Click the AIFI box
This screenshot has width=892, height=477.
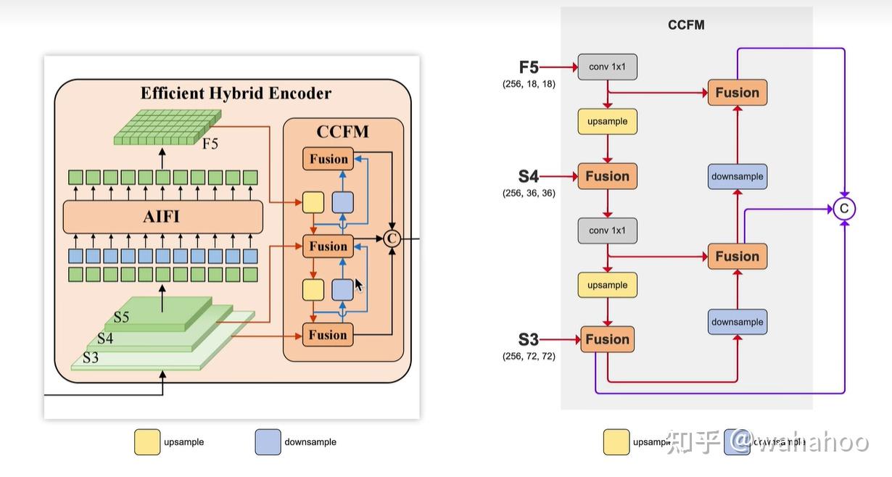pos(162,217)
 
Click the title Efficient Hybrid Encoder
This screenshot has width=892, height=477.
pos(236,94)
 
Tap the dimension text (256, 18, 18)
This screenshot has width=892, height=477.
pos(529,84)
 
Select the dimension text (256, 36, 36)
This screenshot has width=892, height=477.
pos(529,194)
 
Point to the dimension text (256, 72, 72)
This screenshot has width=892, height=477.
pos(529,357)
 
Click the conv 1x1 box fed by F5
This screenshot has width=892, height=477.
pos(607,67)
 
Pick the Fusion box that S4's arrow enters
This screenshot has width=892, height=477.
pos(607,176)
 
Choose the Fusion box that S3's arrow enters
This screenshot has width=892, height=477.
pos(607,339)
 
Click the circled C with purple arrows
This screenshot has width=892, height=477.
pos(843,209)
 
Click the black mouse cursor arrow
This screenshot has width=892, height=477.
pos(358,286)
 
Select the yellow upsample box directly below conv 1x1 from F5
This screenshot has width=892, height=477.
pos(607,121)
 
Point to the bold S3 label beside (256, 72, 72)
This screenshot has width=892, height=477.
pos(529,339)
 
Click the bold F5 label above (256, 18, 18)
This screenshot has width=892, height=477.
pos(529,67)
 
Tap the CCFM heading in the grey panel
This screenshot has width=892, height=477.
pos(686,25)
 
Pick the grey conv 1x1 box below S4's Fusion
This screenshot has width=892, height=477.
pos(607,231)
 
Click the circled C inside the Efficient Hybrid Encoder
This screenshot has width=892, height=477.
pos(392,238)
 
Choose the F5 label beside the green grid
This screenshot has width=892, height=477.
pos(210,144)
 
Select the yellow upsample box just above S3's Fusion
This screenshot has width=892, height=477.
pos(607,285)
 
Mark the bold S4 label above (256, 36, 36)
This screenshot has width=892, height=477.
pos(529,176)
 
